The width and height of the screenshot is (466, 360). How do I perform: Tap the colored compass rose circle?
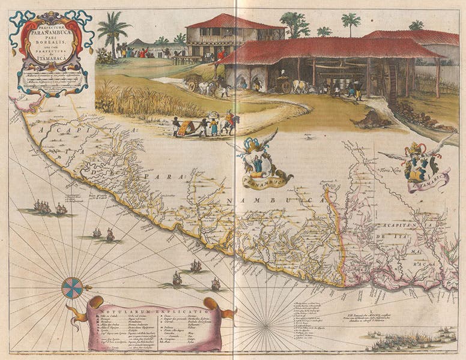[72, 287]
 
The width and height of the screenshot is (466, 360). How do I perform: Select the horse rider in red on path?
[229, 121]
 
